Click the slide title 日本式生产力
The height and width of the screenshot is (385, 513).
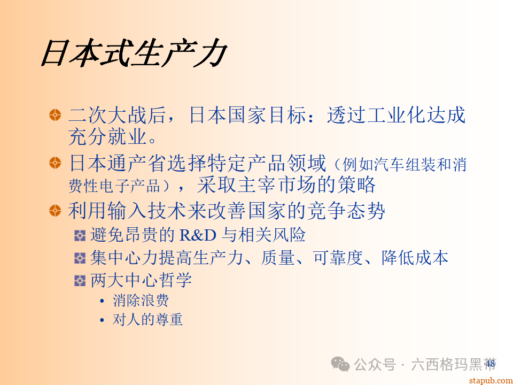pos(134,54)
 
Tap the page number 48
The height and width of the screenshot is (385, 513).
pos(490,364)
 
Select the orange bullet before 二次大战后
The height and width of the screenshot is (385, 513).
pos(55,115)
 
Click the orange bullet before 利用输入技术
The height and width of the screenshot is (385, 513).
pos(55,210)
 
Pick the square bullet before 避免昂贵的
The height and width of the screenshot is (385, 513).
pos(80,235)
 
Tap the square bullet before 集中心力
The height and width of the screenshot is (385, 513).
pos(80,258)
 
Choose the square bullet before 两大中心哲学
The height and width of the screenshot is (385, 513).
pos(80,280)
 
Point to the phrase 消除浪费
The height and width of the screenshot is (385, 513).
pos(141,301)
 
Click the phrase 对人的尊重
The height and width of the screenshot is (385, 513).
pos(147,320)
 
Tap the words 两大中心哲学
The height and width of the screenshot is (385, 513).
pos(141,280)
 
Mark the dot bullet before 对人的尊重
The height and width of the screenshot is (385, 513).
pos(102,320)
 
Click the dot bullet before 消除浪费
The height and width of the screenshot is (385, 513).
pos(102,301)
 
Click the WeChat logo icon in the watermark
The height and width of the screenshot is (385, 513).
pos(340,364)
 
